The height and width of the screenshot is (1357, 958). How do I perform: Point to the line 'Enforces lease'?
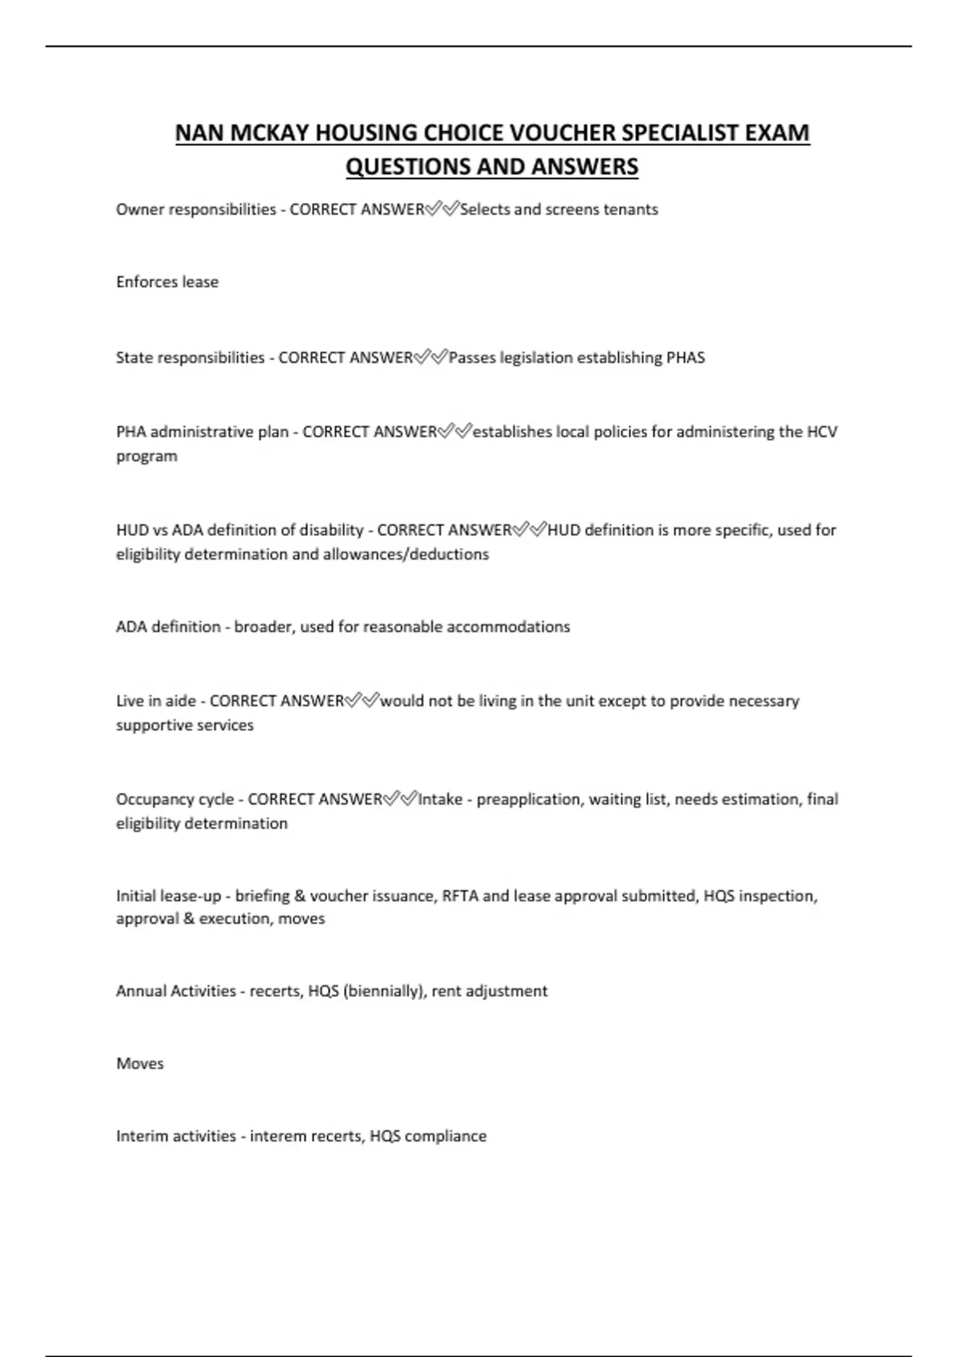tap(167, 282)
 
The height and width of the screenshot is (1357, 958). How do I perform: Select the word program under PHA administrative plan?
tap(146, 457)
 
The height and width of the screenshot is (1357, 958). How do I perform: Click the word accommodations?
tap(508, 627)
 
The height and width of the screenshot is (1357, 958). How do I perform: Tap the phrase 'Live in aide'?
tap(156, 701)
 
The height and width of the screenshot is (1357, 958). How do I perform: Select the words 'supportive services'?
tap(184, 726)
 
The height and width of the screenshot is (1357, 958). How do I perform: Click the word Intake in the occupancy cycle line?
tap(440, 799)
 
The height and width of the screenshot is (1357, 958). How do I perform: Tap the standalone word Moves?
tap(140, 1064)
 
